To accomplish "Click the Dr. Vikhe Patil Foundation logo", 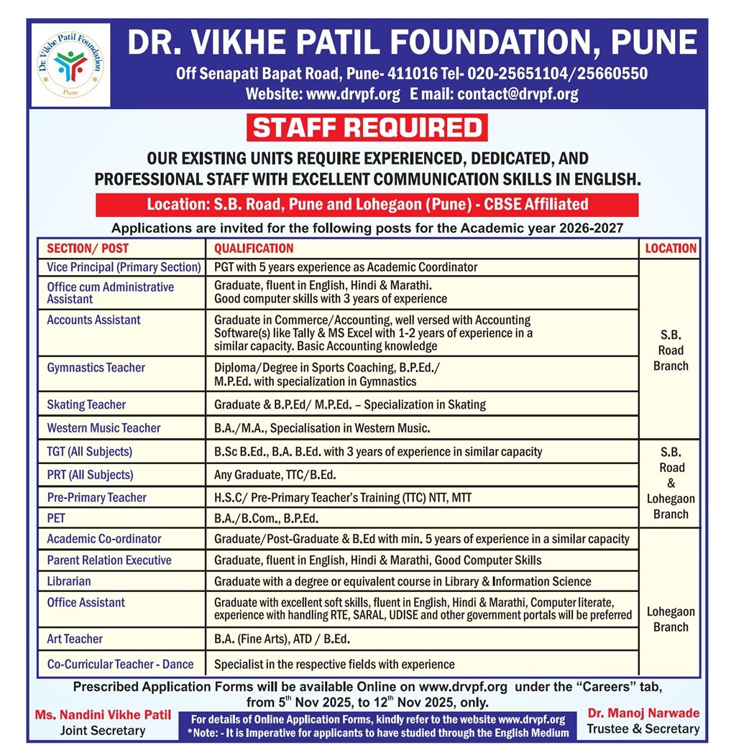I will pos(70,65).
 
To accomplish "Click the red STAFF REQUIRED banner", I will pos(367,128).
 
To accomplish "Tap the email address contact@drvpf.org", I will pos(518,93).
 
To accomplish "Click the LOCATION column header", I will pos(671,249).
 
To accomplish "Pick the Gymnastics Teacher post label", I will pos(96,368).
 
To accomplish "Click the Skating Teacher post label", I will pos(86,404).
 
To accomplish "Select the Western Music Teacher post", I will pos(104,428).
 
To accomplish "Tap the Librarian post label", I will pos(69,581).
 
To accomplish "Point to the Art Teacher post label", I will pos(75,639).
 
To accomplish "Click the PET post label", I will pos(56,517).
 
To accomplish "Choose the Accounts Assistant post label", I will pos(93,320).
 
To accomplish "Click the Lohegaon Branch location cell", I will pos(671,619).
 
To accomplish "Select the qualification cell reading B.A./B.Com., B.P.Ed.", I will pos(266,518).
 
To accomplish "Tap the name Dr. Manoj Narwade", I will pos(643,713).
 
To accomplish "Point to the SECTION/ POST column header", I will pos(88,249).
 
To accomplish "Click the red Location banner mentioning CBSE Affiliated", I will pos(367,205).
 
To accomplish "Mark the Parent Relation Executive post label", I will pos(109,560).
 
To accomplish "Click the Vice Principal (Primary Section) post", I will pos(124,267).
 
